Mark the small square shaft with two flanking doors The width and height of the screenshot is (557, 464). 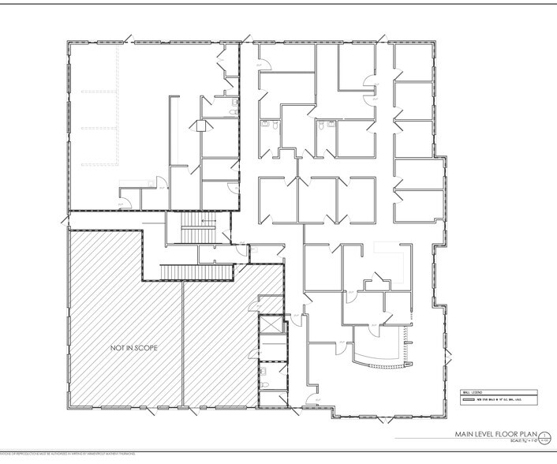[201, 125]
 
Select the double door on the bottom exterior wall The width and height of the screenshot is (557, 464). [189, 411]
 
